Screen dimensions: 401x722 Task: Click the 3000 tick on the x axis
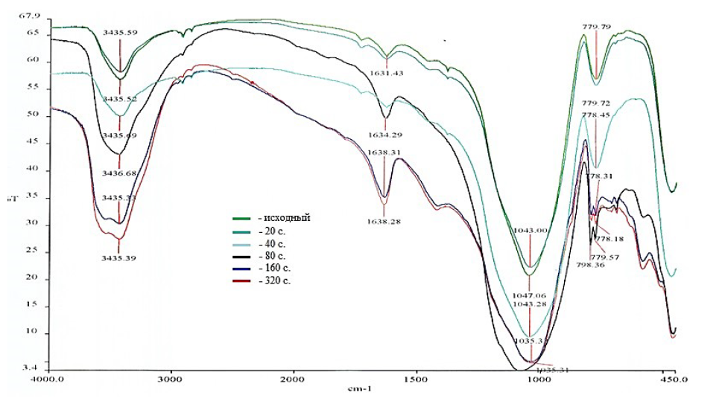pyautogui.click(x=172, y=379)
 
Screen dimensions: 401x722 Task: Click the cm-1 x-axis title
pyautogui.click(x=360, y=389)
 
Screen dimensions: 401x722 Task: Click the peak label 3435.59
pyautogui.click(x=120, y=33)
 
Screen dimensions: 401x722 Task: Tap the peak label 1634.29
pyautogui.click(x=385, y=135)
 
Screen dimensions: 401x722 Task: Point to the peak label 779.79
pyautogui.click(x=597, y=27)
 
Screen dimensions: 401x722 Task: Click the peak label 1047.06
pyautogui.click(x=530, y=295)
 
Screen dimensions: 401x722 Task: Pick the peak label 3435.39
pyautogui.click(x=120, y=257)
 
